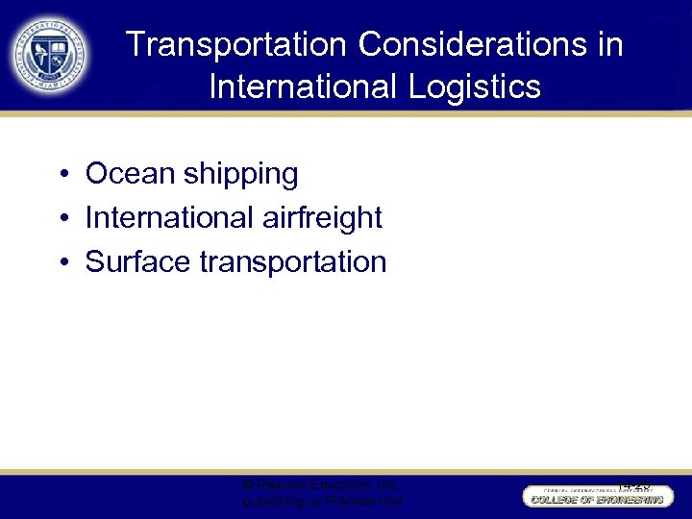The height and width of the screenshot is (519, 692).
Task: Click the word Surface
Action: (138, 261)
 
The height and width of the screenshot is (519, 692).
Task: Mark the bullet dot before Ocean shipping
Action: (61, 175)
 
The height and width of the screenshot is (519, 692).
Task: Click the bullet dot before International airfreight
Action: (61, 219)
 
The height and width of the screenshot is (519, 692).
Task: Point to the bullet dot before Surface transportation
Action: (61, 262)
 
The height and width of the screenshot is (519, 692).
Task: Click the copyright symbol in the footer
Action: (249, 485)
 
